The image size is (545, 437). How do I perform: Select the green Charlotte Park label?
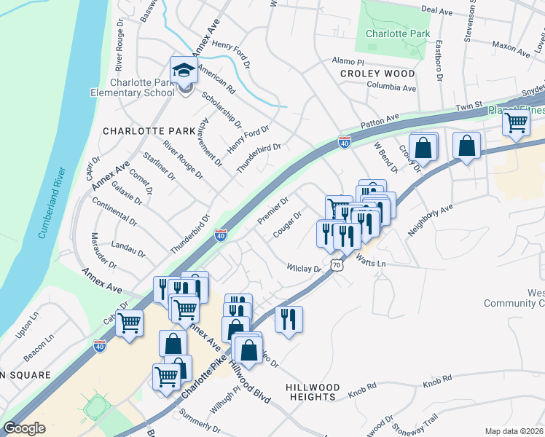pyautogui.click(x=398, y=34)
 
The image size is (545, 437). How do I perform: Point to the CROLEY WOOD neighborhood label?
pyautogui.click(x=377, y=74)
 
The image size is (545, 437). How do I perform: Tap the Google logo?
pyautogui.click(x=24, y=428)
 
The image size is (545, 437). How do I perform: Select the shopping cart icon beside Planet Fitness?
pyautogui.click(x=516, y=124)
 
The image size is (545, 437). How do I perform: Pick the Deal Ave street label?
pyautogui.click(x=438, y=10)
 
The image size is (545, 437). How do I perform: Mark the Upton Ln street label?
pyautogui.click(x=26, y=326)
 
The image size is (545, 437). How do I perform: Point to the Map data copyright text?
pyautogui.click(x=514, y=430)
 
